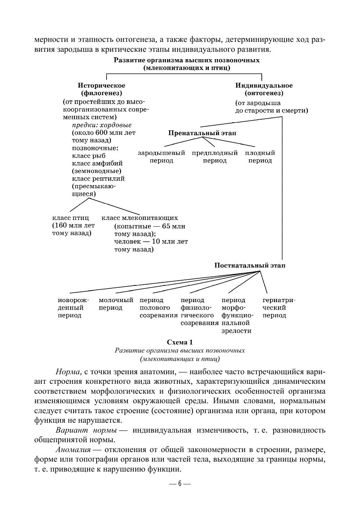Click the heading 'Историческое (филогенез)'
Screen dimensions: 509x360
point(101,89)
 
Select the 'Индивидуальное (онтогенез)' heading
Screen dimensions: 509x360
point(264,89)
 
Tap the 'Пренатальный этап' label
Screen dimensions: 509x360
point(202,133)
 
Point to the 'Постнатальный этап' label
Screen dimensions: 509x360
point(250,265)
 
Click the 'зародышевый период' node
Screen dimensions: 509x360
point(161,157)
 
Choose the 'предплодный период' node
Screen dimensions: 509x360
point(215,157)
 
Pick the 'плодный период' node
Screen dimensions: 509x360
point(260,157)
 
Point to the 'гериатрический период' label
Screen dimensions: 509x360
point(279,308)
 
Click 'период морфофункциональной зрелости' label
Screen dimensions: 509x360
point(237,315)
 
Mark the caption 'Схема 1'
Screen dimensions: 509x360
point(180,342)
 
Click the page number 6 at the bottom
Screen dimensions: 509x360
point(180,483)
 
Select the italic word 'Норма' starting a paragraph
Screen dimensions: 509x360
point(66,372)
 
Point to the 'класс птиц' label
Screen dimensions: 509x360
point(71,218)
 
